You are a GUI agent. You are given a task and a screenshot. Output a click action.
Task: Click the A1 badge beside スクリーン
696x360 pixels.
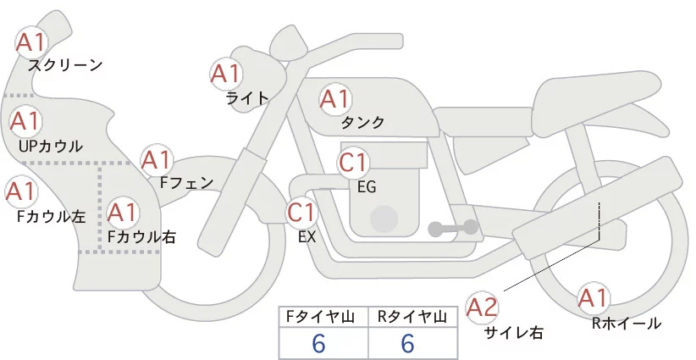(x=33, y=42)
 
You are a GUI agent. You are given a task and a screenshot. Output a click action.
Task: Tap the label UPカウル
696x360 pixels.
(x=50, y=147)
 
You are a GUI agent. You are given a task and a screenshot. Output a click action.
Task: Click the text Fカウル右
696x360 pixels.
(x=141, y=237)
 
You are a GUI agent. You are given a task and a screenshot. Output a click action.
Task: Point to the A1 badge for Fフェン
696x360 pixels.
(x=157, y=159)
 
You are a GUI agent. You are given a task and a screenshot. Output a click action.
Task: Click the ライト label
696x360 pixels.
(x=247, y=97)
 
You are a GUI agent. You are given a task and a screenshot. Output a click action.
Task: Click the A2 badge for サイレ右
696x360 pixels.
(x=483, y=307)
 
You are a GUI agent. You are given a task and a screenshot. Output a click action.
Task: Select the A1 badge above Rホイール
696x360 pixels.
(x=594, y=299)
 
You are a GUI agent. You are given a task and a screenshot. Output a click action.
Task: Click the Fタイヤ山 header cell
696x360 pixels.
(x=323, y=317)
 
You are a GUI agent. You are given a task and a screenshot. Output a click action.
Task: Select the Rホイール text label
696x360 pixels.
(x=627, y=324)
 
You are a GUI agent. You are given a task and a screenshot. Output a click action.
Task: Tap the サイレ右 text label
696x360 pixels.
(x=513, y=333)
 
